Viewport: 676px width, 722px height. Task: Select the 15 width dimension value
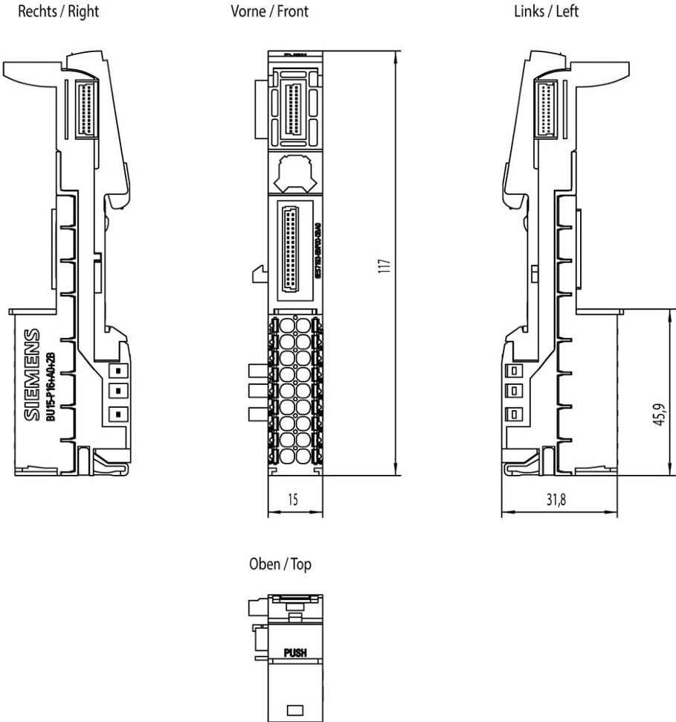[294, 500]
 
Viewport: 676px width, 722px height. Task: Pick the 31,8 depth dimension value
[556, 500]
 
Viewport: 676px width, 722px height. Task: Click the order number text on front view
[317, 249]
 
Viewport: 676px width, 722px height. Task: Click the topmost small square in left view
[512, 371]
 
